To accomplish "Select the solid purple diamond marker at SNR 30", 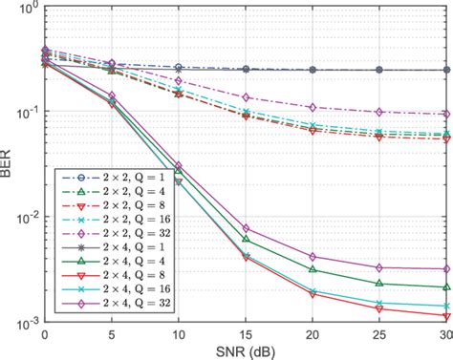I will (x=446, y=269).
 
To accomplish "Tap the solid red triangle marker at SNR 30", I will (x=446, y=316).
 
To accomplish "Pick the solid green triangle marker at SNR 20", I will (x=313, y=269).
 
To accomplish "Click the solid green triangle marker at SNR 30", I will (x=446, y=287).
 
